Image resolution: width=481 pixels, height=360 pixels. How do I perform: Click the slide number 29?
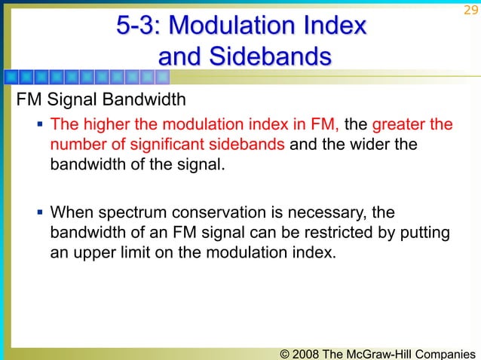tap(470, 10)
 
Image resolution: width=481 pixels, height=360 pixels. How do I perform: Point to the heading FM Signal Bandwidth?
tap(95, 100)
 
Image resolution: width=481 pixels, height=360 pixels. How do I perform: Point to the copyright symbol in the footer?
tap(283, 351)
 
